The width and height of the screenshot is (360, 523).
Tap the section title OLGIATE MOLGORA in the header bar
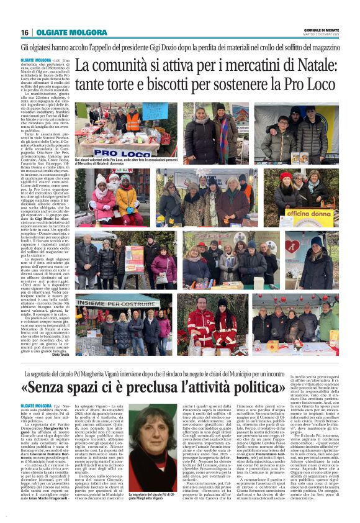tap(63, 32)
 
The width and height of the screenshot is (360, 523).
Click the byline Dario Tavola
tap(61, 353)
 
